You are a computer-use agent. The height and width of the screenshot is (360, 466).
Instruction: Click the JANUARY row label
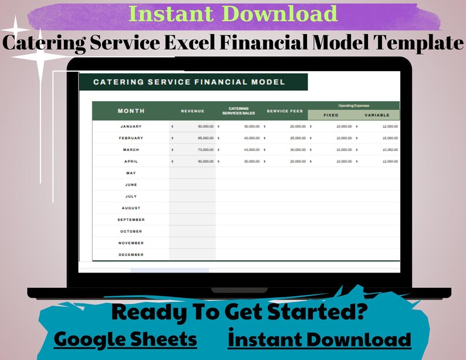coord(131,126)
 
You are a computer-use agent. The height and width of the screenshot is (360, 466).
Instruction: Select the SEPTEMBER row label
coord(131,220)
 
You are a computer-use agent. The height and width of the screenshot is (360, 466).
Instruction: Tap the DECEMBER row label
coord(131,255)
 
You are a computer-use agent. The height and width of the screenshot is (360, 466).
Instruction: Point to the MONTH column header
coord(131,111)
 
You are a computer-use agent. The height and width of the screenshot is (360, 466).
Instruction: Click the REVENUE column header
coord(193,111)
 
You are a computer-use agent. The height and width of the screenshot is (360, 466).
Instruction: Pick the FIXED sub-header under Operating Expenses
coord(331,115)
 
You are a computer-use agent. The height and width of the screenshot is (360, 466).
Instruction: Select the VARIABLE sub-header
coord(377,115)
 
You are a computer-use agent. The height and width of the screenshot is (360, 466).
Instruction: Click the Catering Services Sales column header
coord(238,111)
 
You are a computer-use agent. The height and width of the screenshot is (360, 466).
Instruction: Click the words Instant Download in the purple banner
coord(232,14)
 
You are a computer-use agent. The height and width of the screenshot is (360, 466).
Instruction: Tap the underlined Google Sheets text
coord(125,339)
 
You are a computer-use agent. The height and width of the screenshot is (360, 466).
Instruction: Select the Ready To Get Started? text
coord(239,312)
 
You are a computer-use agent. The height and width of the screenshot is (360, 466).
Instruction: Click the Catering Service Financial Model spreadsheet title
coord(189,82)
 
